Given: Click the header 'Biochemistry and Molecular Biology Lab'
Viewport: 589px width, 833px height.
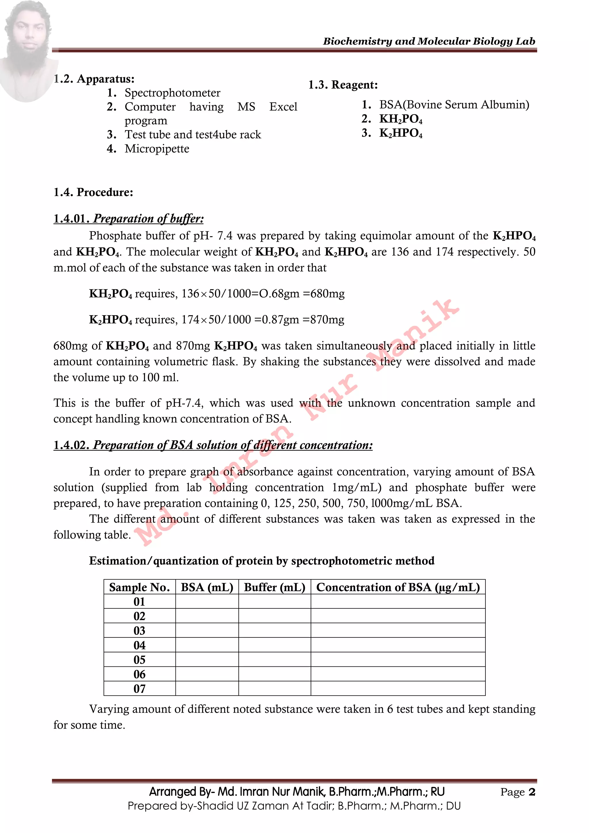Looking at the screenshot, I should coord(429,41).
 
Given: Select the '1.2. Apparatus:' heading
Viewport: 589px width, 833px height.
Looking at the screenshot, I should coord(94,79).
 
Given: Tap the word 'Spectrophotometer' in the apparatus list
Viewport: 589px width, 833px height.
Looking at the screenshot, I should coord(172,93).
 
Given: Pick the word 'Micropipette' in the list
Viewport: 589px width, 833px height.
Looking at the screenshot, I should coord(157,149).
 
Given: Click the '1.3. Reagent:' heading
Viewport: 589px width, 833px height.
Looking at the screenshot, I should coord(343,85).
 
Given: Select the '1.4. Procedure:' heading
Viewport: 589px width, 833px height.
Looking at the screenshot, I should coord(93,192).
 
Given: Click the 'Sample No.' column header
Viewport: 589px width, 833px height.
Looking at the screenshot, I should coord(139,587).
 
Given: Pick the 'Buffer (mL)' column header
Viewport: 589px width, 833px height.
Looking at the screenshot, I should coord(275,587).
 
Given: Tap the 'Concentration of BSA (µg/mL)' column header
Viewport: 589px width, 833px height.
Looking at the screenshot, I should coord(398,587).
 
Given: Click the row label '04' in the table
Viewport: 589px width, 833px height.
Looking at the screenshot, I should coord(139,645).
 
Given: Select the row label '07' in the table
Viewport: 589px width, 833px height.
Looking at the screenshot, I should coord(139,689).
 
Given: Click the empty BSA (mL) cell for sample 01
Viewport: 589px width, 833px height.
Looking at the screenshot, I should coord(207,602).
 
